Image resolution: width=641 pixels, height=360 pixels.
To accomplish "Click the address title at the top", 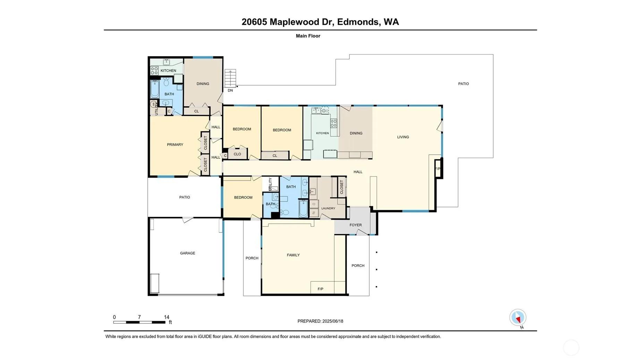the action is point(320,22).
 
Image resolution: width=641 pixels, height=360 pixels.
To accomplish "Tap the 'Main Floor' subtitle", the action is point(308,36).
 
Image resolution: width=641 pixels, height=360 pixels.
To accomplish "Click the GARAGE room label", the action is point(187,253).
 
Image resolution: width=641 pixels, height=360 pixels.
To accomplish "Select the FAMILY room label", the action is point(293,255).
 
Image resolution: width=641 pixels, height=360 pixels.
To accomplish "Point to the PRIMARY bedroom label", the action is point(175,145).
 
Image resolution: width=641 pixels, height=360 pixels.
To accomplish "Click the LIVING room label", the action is point(403,137).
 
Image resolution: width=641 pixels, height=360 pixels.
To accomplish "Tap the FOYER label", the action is point(355,225).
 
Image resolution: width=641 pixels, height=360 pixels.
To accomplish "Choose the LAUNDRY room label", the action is point(328,208).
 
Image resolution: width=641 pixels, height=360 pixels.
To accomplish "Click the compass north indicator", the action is point(518,317).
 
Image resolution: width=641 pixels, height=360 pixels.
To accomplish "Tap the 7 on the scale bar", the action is point(139,317).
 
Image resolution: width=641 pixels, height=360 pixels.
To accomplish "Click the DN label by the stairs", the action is point(230,91).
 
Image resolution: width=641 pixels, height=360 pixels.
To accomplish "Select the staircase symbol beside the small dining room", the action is point(230,78).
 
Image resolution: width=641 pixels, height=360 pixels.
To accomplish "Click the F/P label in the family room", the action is point(320,289).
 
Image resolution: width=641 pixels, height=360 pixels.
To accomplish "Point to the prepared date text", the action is point(320,321).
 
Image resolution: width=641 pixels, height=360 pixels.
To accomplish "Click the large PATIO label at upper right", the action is point(463,84).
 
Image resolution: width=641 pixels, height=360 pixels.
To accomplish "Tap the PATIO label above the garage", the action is point(185,197).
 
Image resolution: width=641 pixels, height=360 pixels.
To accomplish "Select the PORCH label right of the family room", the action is point(358,266).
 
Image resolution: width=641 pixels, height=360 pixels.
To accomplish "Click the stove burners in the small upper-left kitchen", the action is point(154,71).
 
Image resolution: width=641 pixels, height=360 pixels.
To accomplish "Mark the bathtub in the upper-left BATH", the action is point(155,89).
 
